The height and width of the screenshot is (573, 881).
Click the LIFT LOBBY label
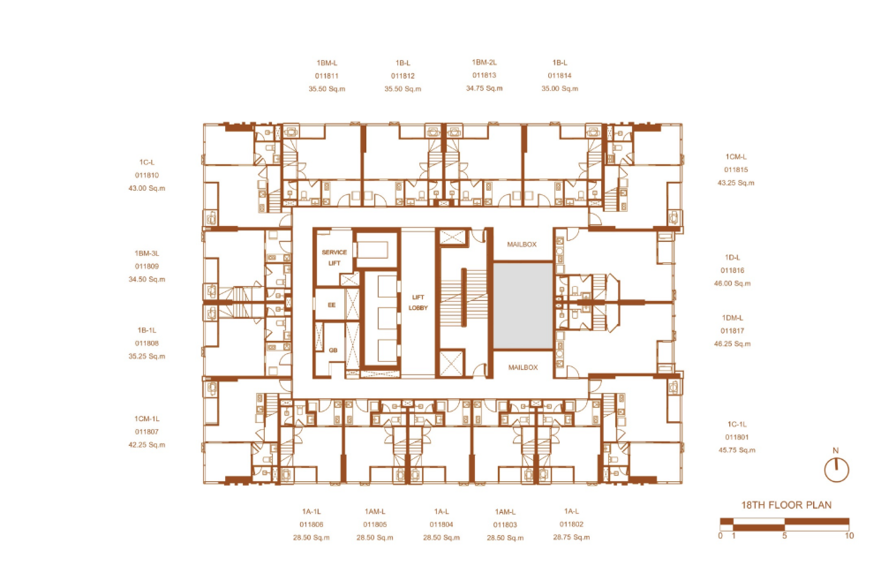418,302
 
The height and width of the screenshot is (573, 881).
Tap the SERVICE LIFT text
335,257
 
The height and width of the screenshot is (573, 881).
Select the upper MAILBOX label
522,245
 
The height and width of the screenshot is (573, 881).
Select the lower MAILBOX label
523,367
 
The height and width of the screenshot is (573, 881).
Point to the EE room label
332,305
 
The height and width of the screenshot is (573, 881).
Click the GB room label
333,350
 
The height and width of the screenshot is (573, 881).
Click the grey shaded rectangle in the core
523,305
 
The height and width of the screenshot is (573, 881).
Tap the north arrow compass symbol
836,470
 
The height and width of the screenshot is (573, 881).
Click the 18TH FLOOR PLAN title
786,505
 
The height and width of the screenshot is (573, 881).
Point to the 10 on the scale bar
849,536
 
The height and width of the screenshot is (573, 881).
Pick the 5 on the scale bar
785,536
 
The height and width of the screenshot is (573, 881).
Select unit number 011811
327,76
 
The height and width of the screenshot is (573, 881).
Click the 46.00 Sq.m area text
732,283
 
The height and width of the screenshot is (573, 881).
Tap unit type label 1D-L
733,257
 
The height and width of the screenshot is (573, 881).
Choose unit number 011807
147,432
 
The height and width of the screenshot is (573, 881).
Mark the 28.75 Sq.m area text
571,537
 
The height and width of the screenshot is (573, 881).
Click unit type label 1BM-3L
147,253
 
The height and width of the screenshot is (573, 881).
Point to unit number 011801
736,437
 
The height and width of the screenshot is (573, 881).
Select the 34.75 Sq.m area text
485,88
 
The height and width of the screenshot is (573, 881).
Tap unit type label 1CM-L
736,157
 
